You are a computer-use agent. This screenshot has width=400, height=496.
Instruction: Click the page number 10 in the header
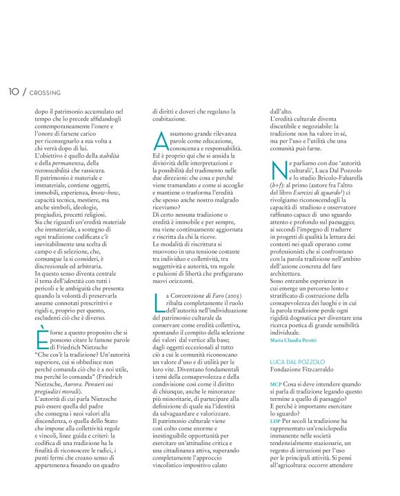(x=14, y=92)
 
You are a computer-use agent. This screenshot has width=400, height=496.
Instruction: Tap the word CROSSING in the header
(x=46, y=92)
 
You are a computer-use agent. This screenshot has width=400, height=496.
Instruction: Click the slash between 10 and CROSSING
(x=25, y=92)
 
